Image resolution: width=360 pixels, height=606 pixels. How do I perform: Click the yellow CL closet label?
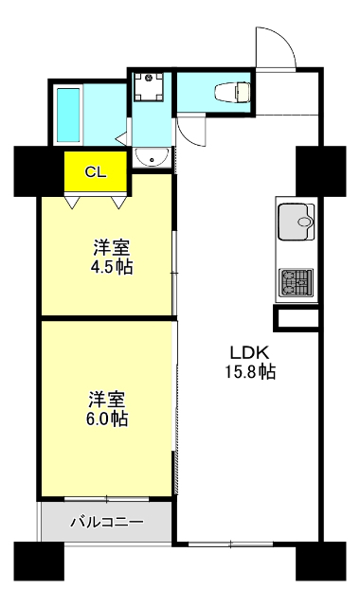coord(96,172)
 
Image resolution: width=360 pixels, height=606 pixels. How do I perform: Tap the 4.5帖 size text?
coord(112,267)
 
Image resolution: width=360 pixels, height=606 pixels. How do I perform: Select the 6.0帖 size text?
coord(107,419)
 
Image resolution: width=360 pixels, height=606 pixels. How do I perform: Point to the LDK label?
coord(249,352)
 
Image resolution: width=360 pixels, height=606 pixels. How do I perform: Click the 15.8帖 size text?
coord(250,371)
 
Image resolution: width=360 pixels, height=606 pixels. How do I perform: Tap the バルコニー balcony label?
coord(107,522)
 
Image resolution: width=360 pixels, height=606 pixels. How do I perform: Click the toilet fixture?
coord(232,92)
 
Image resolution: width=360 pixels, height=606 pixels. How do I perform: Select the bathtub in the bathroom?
coord(68,115)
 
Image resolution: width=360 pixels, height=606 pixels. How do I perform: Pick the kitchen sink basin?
coord(297,222)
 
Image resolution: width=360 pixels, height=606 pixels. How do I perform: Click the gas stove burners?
coord(297,282)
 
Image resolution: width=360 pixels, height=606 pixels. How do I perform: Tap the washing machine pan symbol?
coord(149,86)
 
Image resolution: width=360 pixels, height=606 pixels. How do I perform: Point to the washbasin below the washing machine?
coord(152,157)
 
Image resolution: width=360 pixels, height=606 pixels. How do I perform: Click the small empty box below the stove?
coord(297,318)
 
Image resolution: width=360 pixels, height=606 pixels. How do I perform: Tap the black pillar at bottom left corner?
coord(39,561)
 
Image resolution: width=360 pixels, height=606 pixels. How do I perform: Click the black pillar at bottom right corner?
coord(320,561)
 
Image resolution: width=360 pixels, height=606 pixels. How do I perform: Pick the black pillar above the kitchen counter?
coord(320,170)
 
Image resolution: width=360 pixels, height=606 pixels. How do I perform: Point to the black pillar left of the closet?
coord(39,170)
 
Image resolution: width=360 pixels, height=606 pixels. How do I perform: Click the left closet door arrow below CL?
coord(73,203)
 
